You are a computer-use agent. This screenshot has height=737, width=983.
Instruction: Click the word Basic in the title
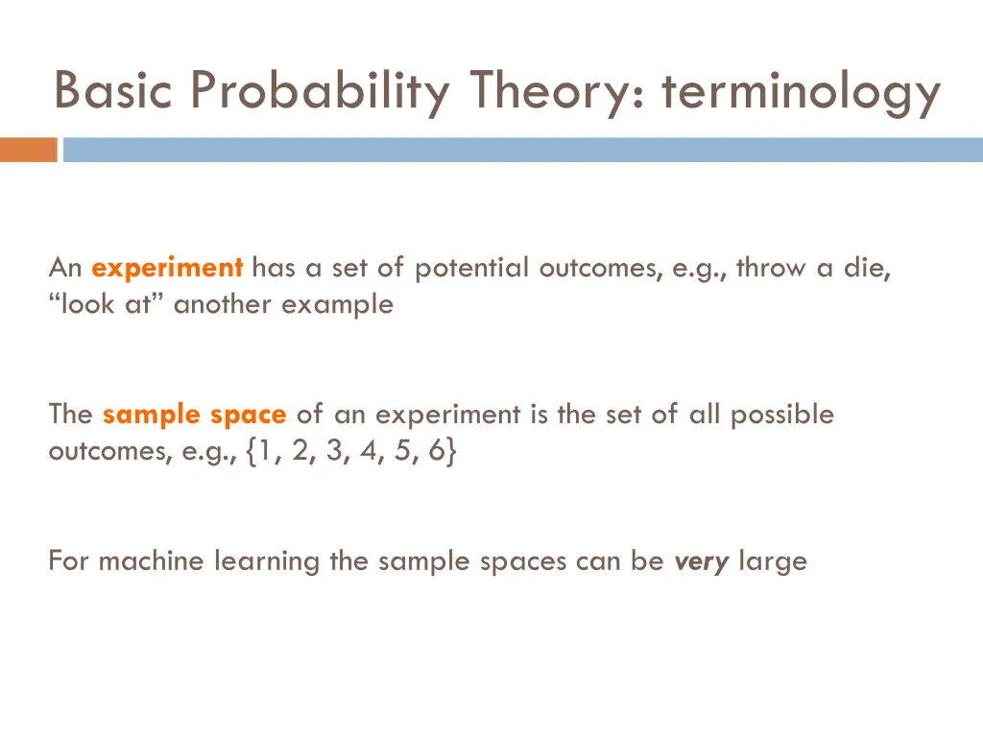tap(114, 91)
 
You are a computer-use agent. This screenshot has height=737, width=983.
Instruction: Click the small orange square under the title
tap(28, 150)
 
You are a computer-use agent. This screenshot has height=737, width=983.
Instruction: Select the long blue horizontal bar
tap(523, 150)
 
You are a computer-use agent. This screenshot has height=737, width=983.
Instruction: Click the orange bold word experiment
tap(168, 269)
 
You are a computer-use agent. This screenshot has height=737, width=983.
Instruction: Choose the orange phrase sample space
tap(194, 415)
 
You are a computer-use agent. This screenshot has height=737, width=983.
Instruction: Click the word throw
tap(772, 268)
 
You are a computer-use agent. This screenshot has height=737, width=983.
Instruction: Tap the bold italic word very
tap(703, 560)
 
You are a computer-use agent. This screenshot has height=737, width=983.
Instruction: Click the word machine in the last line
tap(152, 560)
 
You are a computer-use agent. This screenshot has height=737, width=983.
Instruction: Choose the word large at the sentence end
tap(773, 560)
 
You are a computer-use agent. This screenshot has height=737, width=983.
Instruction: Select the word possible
tap(781, 415)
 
